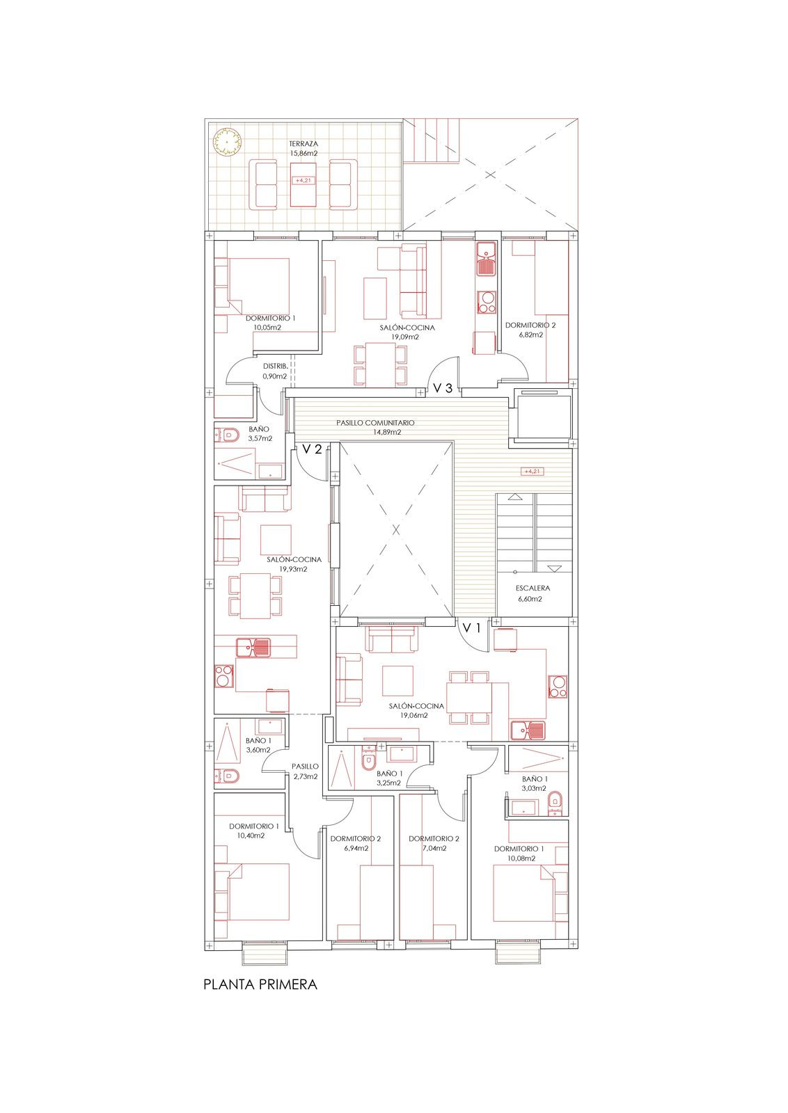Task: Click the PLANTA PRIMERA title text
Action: coord(260,984)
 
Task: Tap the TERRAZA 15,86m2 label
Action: coord(304,148)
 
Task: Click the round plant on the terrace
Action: coord(226,140)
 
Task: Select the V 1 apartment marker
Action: coord(473,628)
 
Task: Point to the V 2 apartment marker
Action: coord(312,449)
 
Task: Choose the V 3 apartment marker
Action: coord(443,388)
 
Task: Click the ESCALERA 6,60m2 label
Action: coord(530,593)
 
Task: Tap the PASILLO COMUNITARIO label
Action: coord(375,427)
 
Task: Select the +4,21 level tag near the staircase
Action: coord(531,471)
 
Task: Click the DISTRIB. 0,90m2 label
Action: coord(275,371)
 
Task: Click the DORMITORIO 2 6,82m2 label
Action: coord(530,329)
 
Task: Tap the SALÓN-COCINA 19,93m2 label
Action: coord(294,563)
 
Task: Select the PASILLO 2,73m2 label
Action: coord(305,771)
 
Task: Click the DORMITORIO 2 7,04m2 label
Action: coord(434,843)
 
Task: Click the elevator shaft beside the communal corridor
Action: coord(542,415)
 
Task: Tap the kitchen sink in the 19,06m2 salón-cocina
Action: coord(528,730)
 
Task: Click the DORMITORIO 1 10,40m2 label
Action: coord(254,831)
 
